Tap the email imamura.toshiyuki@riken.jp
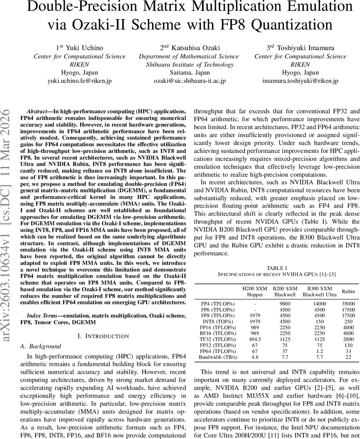300,81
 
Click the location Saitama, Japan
189,73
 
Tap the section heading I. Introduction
103,336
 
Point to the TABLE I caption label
277,268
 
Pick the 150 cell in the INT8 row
319,322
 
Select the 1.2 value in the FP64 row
319,351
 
